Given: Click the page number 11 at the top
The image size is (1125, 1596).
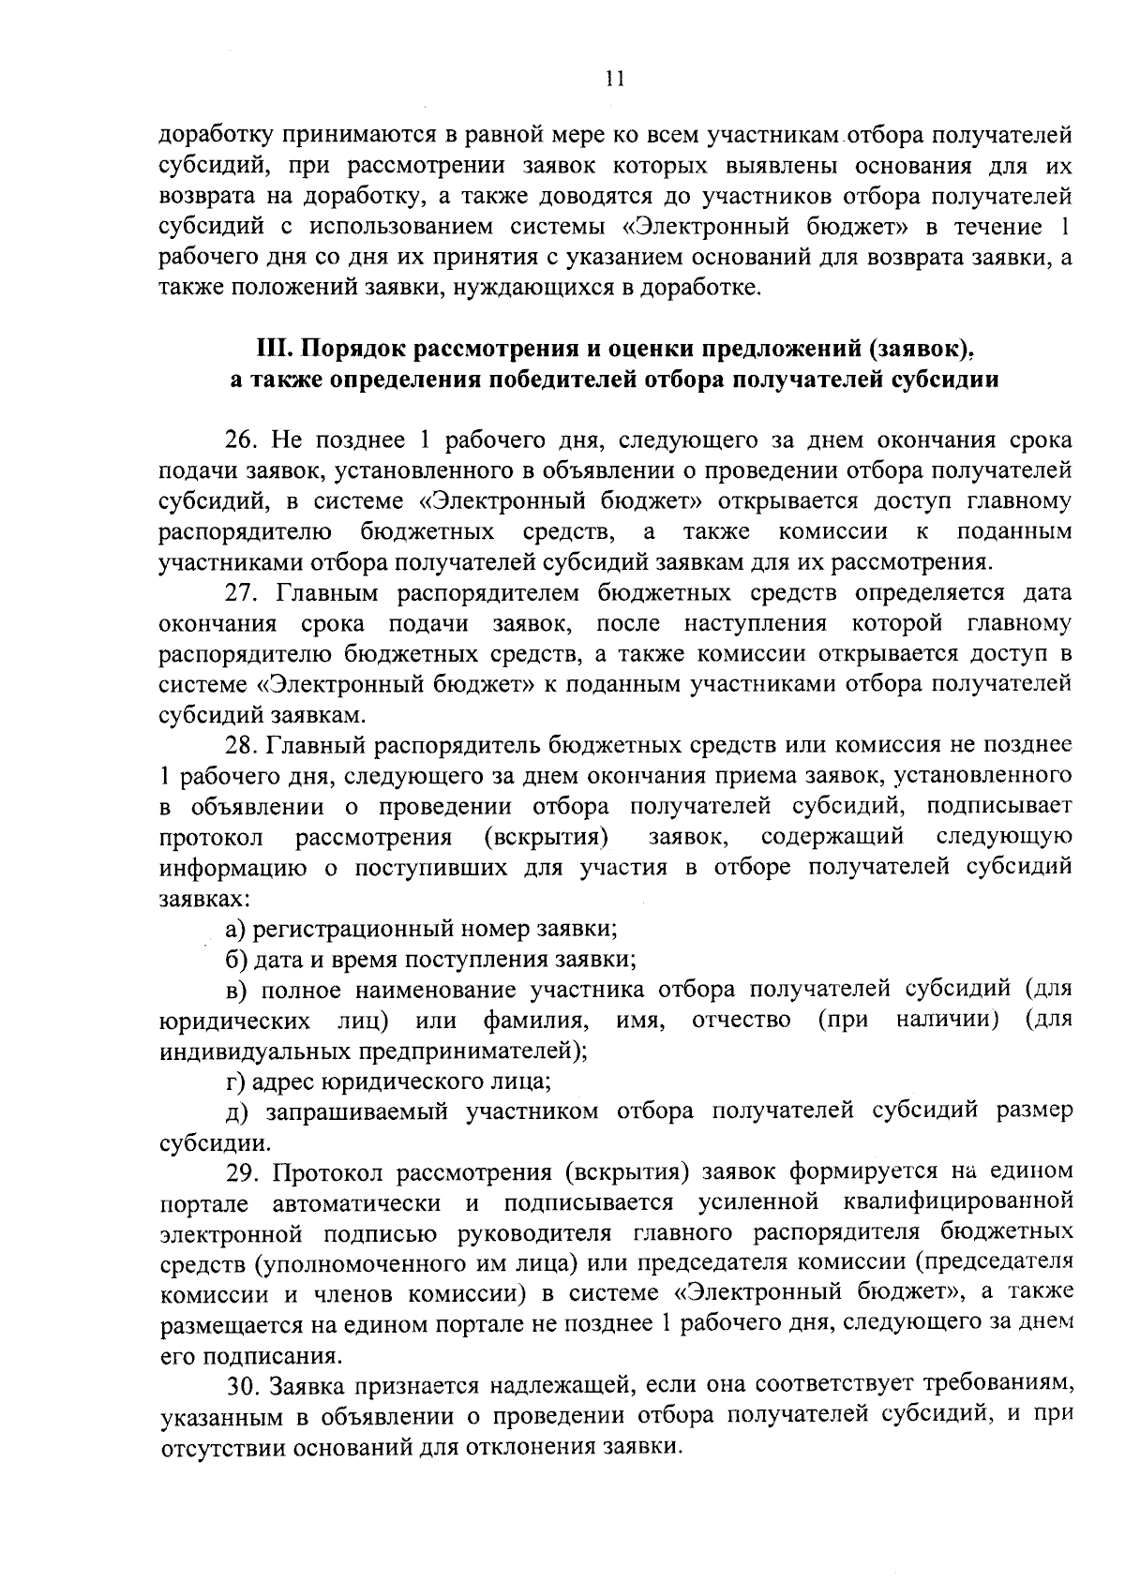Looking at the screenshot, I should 614,80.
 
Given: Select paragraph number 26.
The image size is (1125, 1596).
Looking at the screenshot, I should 242,440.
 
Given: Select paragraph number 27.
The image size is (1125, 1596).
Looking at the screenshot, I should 242,593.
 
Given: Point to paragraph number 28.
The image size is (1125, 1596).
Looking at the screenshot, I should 242,745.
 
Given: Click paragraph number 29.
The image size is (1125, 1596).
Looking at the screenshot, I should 242,1171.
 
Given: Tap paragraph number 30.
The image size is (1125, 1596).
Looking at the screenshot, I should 242,1385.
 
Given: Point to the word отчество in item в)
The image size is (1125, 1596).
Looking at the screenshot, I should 741,1020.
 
